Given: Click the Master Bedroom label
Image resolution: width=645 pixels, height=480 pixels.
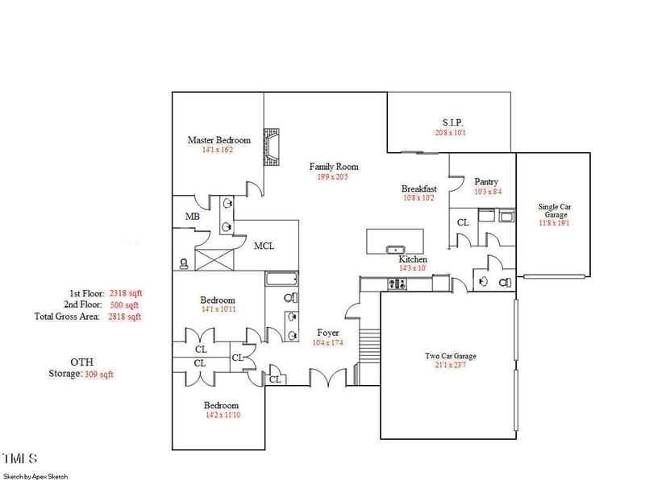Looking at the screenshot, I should point(218,140).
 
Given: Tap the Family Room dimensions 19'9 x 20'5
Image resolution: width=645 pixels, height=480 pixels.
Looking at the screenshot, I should point(334,177).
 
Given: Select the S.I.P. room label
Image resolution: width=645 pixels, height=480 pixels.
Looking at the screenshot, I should point(452,122).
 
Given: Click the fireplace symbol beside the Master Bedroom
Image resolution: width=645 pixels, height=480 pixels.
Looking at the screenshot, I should point(274,147).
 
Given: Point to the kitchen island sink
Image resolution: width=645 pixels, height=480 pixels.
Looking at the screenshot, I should point(395,250).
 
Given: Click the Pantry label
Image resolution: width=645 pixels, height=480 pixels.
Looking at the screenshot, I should point(486,182).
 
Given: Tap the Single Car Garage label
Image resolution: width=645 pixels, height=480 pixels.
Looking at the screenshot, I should point(554,211).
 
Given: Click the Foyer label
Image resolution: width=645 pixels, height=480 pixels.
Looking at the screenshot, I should point(327,333).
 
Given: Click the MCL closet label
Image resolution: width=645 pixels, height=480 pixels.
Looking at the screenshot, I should point(264,246).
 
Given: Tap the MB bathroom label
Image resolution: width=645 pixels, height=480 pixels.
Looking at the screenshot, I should point(192,217).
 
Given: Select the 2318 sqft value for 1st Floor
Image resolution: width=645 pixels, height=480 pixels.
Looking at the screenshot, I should point(125,294).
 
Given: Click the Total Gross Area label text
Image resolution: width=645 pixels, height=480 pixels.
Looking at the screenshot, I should point(67,317).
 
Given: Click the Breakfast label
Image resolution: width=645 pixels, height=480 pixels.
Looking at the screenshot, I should point(418,189).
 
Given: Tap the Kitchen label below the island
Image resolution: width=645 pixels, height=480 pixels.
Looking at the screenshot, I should point(412,259).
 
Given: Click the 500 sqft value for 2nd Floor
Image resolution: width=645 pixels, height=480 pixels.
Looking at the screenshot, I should point(125,306).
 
